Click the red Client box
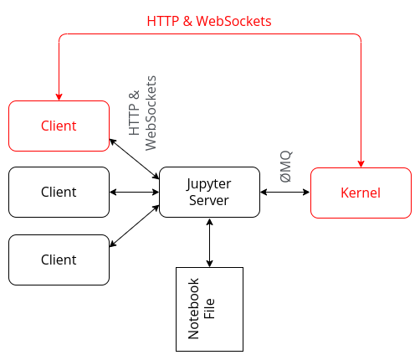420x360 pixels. pos(59,126)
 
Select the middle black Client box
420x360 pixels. pos(59,193)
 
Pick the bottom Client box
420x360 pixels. pos(59,260)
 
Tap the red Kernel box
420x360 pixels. pos(361,193)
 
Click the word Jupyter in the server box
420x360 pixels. pos(209,184)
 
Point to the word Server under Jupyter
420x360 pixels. pos(209,201)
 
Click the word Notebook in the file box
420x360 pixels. pos(194,308)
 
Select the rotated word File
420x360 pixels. pos(211,308)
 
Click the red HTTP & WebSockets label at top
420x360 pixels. pos(209,21)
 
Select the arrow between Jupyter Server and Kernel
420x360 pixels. pos(284,193)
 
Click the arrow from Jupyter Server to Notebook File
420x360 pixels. pos(209,243)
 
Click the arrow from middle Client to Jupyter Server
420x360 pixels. pos(134,193)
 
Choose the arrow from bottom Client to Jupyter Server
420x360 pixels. pos(134,226)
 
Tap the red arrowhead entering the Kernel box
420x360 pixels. pos(361,162)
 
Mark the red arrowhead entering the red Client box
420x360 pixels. pos(59,95)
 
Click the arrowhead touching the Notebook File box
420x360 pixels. pos(209,263)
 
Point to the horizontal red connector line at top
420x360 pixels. pos(209,34)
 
